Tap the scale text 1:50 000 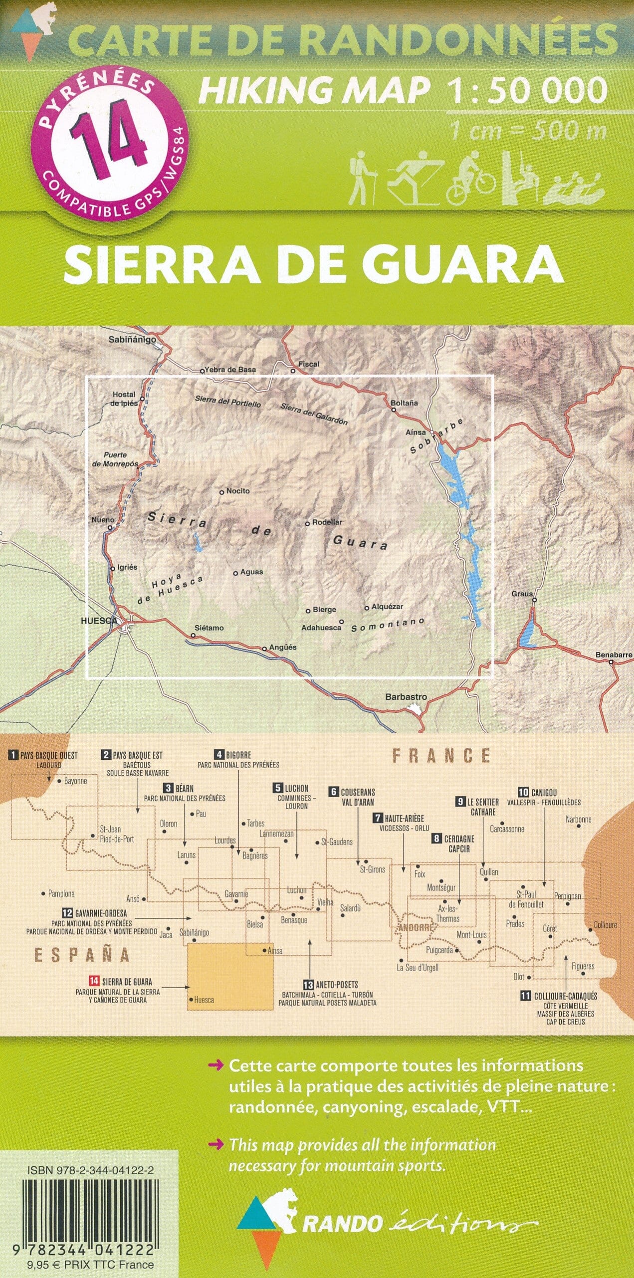(527, 91)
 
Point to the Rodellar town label (327, 522)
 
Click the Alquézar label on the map (387, 607)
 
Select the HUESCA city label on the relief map (99, 621)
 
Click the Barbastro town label (406, 697)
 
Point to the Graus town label (522, 594)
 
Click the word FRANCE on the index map (441, 756)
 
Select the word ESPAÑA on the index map (81, 955)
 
